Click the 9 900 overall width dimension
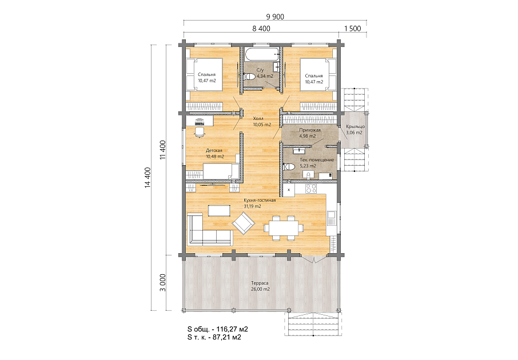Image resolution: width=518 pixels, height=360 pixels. coord(275,17)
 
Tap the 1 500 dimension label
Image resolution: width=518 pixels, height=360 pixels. coord(353,29)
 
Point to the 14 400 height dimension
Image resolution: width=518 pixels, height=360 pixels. coord(148,178)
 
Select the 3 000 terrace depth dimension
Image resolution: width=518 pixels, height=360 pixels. coord(162,283)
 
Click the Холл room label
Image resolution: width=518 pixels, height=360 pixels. coord(258,118)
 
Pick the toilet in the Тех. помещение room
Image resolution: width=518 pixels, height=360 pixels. coord(289,166)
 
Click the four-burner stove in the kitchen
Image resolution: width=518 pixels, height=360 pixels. coord(310,189)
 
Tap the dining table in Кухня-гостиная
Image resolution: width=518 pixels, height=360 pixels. coord(284,228)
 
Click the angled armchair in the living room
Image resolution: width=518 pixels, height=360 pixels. coord(244,223)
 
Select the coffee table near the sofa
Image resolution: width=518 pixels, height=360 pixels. coord(220,211)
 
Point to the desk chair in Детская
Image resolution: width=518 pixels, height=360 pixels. coord(200,132)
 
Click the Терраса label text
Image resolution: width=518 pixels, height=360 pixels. coord(260,283)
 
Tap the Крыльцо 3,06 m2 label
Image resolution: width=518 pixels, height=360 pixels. coord(355,130)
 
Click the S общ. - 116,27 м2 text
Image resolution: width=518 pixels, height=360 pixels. coord(218,329)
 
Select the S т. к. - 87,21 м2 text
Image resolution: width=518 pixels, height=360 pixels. coord(214,337)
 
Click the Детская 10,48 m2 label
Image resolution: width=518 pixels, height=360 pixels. coord(214,154)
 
